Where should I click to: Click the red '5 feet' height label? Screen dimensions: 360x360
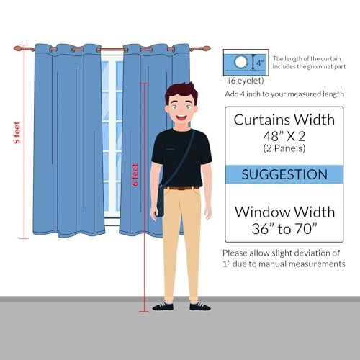pos(17,132)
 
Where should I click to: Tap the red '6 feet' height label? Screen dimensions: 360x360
pos(135,175)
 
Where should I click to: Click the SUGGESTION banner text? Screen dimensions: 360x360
pos(284,174)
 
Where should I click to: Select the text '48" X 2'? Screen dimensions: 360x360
pos(284,136)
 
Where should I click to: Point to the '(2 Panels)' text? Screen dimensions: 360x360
pos(284,148)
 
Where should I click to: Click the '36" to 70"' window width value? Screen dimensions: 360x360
pos(284,228)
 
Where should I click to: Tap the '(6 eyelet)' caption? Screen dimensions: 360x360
pos(246,81)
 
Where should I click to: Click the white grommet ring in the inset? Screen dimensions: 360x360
pos(240,62)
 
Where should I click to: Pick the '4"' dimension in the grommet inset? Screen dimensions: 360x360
pos(260,63)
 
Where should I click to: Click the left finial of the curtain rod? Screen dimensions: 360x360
pos(18,48)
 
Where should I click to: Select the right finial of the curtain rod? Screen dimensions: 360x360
pos(206,48)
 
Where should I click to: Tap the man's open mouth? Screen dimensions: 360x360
pos(181,118)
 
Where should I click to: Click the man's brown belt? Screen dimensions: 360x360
pos(182,188)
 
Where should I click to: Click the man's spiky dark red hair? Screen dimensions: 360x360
pos(181,92)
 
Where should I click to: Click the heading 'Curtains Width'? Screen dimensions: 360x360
pos(284,120)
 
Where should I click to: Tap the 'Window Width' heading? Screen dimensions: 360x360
pos(284,212)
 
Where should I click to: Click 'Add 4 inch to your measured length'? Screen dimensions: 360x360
pos(284,94)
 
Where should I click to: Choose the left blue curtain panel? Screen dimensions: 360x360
pos(68,140)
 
